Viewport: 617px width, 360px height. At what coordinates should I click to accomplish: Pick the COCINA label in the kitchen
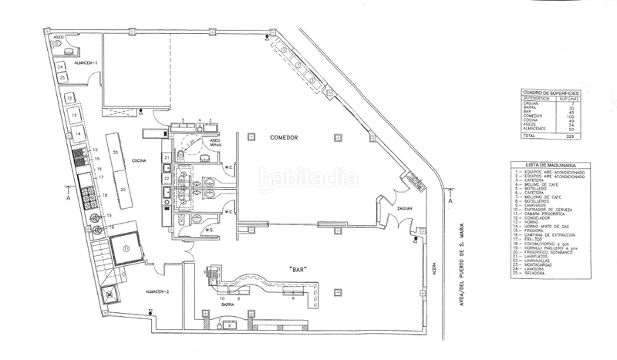point(139,161)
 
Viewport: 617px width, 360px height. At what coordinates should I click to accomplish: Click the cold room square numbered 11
point(128,248)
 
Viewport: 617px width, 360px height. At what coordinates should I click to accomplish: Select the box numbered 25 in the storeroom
point(61,78)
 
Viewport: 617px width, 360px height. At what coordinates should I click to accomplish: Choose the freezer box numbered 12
point(69,98)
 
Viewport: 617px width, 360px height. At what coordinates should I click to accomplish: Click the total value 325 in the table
point(568,135)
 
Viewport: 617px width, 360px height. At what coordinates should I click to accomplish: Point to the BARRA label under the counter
point(228,305)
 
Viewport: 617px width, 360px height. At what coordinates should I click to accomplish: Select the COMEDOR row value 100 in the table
point(568,115)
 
